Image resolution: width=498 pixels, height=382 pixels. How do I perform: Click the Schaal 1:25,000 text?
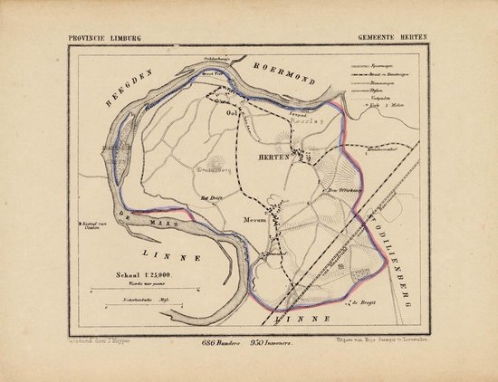(138, 270)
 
